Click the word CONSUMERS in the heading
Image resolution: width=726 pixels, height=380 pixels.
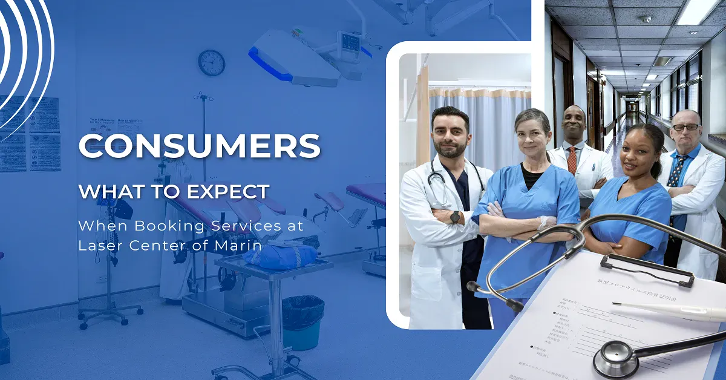click(199, 146)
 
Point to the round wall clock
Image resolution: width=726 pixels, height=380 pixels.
click(211, 62)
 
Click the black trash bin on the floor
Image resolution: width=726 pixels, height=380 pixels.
click(302, 321)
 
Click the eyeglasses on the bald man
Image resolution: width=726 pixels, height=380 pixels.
click(685, 127)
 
